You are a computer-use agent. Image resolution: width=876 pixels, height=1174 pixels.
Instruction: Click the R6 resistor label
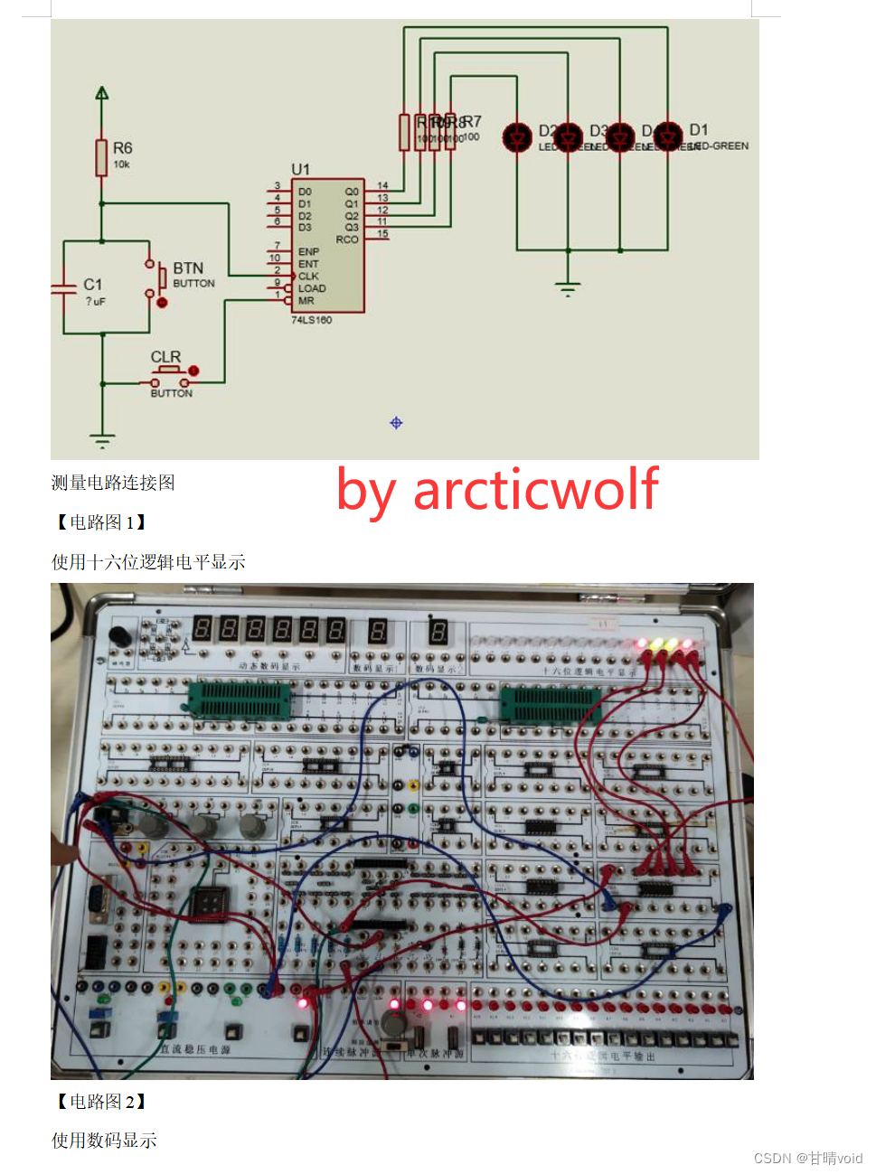(x=122, y=148)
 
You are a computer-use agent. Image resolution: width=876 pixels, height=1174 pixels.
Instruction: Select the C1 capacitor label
(x=92, y=285)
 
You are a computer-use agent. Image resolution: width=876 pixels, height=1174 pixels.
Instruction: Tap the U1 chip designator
(x=300, y=169)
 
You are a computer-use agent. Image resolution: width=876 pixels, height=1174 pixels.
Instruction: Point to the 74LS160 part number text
(x=311, y=320)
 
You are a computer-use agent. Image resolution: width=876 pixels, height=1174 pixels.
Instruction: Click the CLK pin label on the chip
(x=308, y=277)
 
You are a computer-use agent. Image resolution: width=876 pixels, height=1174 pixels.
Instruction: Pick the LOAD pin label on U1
(x=312, y=288)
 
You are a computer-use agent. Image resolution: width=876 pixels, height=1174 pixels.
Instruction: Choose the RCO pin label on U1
(x=347, y=239)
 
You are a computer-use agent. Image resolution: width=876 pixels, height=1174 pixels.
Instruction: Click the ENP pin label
(x=308, y=252)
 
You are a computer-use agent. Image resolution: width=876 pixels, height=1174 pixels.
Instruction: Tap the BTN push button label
(x=188, y=268)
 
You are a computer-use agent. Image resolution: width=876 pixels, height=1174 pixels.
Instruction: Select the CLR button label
(x=165, y=357)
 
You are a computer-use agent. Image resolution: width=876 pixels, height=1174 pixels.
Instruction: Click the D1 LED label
(x=698, y=130)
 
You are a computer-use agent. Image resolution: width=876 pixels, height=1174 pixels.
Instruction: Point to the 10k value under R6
(x=121, y=164)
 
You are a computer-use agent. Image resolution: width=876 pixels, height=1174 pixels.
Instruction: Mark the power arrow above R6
(x=102, y=93)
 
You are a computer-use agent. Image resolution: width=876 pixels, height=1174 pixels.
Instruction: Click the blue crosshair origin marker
(x=396, y=423)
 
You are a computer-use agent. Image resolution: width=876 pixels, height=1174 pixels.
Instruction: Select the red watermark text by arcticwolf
(x=497, y=490)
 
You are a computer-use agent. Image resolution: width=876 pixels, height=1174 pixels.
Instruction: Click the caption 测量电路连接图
(x=113, y=483)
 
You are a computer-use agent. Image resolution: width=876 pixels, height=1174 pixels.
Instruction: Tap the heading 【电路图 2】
(x=99, y=1102)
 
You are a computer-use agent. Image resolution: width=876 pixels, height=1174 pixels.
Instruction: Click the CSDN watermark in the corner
(x=807, y=1158)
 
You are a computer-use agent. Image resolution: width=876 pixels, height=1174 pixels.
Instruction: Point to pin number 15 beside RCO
(x=382, y=234)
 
